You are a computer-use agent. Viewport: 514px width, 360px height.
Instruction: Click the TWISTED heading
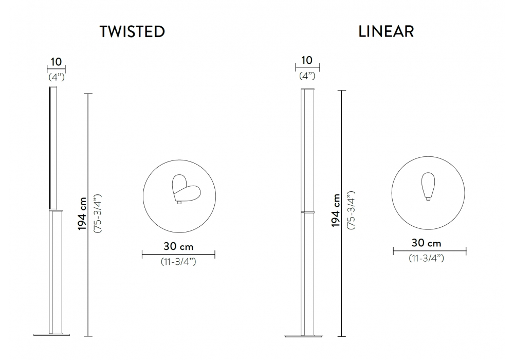132,31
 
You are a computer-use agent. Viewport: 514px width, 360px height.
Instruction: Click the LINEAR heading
386,31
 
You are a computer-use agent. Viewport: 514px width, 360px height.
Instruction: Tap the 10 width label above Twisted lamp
56,62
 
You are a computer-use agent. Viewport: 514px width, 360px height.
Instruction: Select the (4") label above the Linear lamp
307,76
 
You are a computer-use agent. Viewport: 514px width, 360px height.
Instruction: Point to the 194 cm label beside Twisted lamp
82,214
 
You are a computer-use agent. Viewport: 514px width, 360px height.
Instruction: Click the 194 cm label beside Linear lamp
335,210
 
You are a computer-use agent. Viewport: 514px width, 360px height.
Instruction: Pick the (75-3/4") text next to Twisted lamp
98,213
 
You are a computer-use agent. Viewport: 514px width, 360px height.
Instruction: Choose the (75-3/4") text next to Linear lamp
351,210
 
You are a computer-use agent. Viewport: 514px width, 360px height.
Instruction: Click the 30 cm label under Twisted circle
179,246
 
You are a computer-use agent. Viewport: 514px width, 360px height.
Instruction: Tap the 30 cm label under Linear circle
427,243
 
